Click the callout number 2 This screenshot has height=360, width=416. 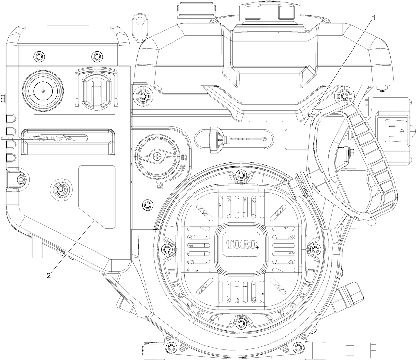(x=49, y=275)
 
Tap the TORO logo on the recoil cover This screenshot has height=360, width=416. (x=241, y=244)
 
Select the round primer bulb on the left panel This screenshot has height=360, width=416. (x=43, y=90)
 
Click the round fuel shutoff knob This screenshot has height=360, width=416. (x=158, y=155)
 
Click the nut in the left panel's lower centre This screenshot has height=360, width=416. (x=61, y=189)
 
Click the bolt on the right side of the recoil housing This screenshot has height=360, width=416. (x=314, y=248)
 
